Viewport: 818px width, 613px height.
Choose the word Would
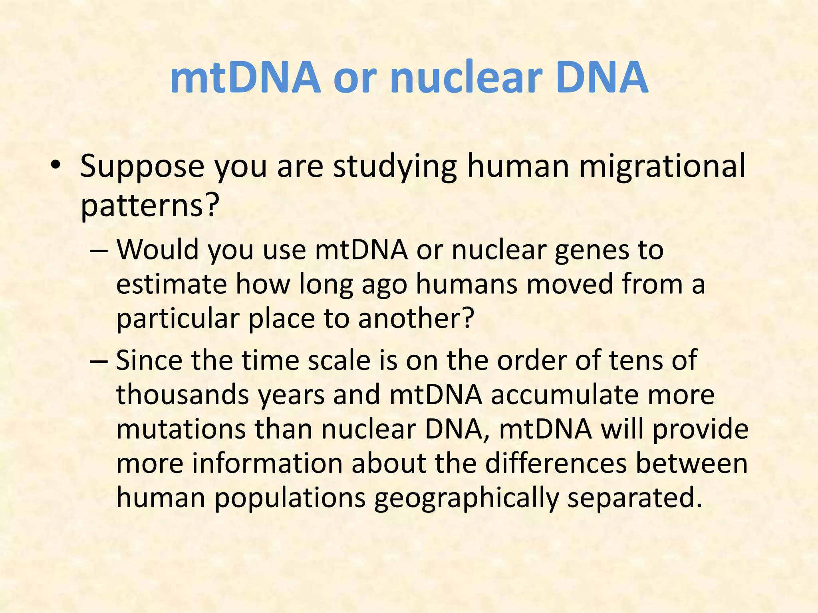pyautogui.click(x=158, y=250)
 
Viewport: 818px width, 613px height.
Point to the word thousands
pyautogui.click(x=183, y=395)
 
